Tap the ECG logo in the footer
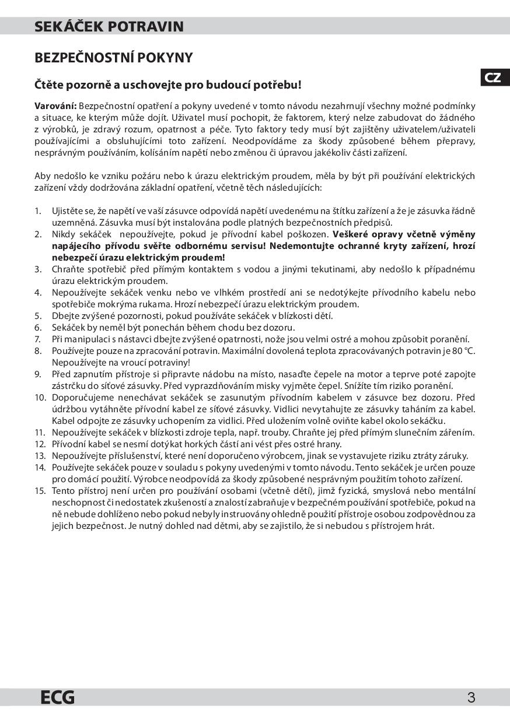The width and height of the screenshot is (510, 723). click(58, 697)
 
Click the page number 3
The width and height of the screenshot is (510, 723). click(471, 697)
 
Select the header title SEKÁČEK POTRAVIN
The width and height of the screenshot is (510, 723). click(109, 26)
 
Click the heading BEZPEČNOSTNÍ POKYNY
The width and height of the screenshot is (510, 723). click(114, 58)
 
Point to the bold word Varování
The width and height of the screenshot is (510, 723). click(55, 106)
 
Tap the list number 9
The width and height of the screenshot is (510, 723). click(38, 374)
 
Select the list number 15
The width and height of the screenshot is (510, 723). click(40, 490)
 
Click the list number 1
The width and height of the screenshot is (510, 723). click(38, 210)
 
